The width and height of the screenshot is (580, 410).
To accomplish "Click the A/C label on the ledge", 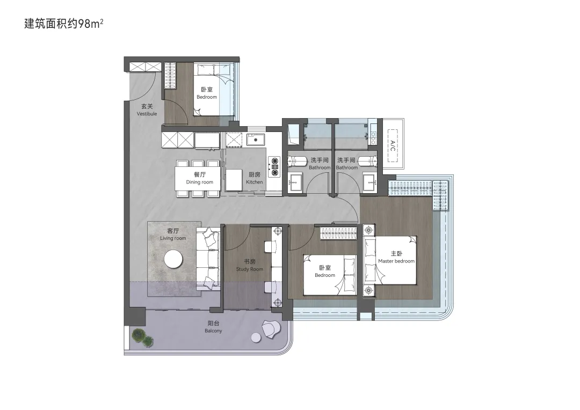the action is point(393,145).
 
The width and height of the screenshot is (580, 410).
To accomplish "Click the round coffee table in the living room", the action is point(173,259).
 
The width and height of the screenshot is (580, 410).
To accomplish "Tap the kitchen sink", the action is point(255,140).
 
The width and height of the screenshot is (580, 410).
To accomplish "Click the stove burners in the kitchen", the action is point(274,167).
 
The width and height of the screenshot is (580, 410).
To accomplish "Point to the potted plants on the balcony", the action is point(143,338).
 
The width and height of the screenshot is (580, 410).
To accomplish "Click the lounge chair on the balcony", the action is point(271,329).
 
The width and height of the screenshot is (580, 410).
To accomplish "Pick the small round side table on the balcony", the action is point(256,338).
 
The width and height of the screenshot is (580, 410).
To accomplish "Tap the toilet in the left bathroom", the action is point(297,162).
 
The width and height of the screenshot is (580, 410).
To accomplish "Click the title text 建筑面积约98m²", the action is point(63,24).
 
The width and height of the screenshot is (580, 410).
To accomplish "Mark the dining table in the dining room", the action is point(198,179).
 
